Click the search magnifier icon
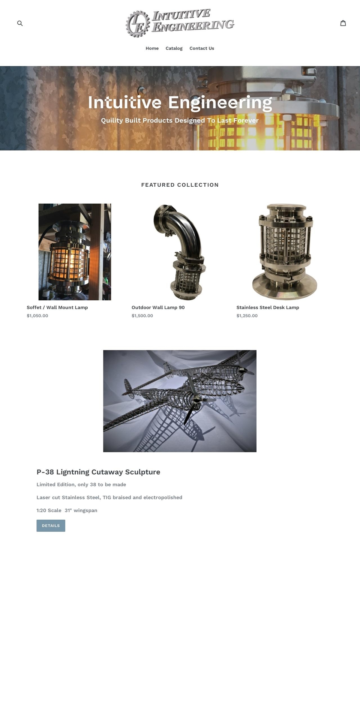click(20, 23)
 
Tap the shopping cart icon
click(343, 23)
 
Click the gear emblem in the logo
click(138, 24)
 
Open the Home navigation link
click(152, 48)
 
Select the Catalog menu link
click(174, 48)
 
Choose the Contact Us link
click(202, 48)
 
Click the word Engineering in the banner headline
click(220, 103)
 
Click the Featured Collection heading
click(180, 185)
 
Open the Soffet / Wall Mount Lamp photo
click(75, 252)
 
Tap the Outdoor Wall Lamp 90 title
click(158, 307)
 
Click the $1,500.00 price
click(142, 316)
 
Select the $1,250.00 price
click(247, 316)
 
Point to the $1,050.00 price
click(37, 316)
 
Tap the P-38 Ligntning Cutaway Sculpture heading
click(98, 472)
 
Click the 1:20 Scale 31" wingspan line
click(67, 510)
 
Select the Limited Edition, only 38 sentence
click(81, 484)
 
